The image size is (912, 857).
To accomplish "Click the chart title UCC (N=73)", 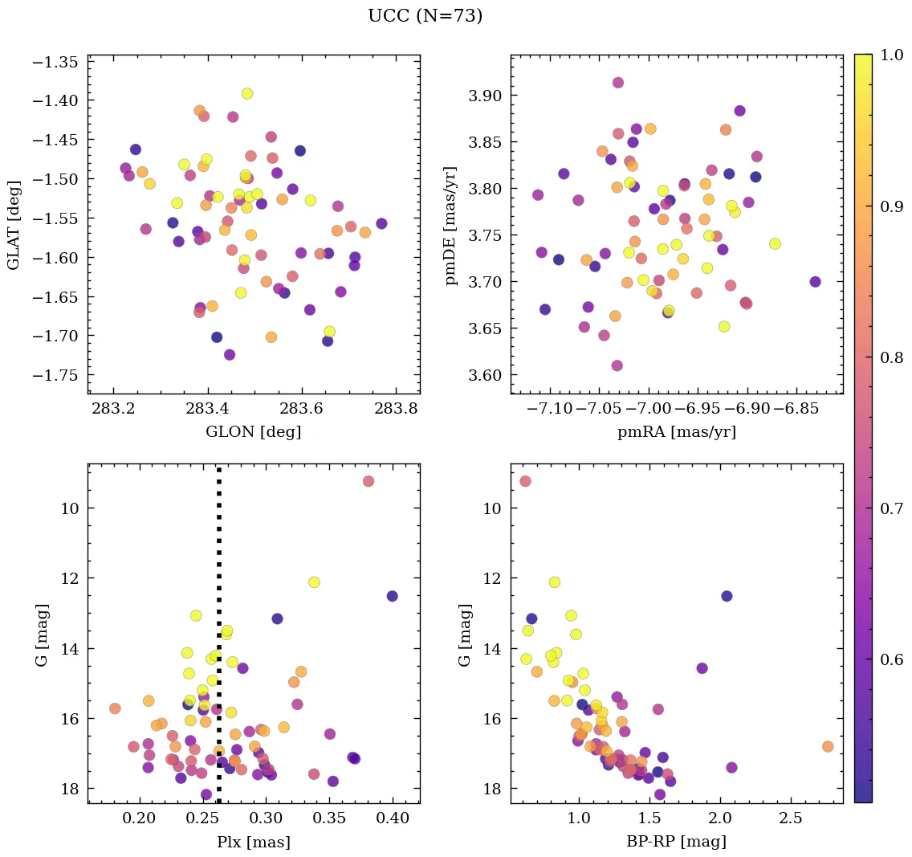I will (425, 16).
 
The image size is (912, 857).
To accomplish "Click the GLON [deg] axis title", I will (254, 432).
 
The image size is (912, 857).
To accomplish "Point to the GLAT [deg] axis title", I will (14, 224).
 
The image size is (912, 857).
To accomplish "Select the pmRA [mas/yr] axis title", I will (677, 432).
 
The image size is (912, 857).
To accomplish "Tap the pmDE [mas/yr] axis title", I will (451, 224).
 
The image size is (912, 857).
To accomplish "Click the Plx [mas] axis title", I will (254, 842).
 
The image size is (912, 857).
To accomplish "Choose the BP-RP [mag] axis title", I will (677, 842).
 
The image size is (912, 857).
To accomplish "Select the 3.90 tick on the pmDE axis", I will (482, 96).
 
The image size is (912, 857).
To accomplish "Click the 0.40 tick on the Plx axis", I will (393, 818).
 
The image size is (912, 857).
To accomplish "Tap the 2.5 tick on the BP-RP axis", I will (792, 818).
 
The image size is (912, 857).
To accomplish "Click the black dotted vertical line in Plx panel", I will (218, 562).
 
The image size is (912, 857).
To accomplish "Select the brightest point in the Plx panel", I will (368, 481).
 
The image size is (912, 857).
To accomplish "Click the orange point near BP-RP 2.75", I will (828, 746).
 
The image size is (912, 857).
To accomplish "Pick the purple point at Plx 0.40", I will (392, 596).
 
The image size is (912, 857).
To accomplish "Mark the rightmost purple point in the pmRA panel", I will (815, 282).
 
